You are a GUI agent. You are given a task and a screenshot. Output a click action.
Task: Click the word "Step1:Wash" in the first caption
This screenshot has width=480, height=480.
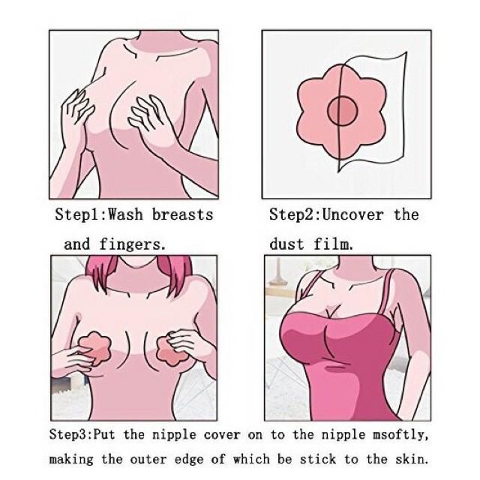coord(99,214)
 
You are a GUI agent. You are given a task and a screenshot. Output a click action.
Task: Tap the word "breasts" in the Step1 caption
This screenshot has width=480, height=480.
coord(182,214)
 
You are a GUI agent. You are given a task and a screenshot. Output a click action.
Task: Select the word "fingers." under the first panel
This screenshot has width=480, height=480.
coord(132,245)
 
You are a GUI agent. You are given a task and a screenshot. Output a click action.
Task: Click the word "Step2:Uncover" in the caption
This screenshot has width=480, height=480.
coord(326,214)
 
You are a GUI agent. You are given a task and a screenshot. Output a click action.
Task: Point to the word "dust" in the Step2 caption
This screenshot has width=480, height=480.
coord(286,244)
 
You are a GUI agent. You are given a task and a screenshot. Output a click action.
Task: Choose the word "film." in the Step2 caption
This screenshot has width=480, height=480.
coord(333,244)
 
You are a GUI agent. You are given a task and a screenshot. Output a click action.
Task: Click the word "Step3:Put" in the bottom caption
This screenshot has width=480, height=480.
coord(82,435)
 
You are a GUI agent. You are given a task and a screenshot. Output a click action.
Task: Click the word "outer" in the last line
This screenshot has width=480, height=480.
coord(148,460)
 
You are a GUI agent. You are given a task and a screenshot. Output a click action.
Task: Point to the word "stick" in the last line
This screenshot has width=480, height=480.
coord(318,460)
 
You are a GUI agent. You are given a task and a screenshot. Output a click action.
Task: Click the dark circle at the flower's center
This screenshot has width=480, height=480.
coord(343,110)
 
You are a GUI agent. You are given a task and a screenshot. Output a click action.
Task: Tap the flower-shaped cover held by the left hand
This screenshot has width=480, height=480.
coord(95,349)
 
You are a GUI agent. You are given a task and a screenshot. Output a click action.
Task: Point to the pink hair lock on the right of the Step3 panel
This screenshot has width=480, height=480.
coord(174,269)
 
